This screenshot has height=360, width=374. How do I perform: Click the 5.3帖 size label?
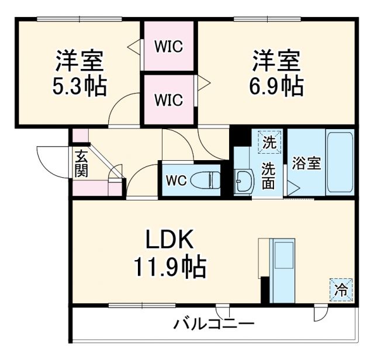click(x=81, y=87)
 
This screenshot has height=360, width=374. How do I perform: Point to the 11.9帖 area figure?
click(x=168, y=267)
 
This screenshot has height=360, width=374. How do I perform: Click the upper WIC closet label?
click(x=168, y=46)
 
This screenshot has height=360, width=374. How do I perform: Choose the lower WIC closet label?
click(x=168, y=99)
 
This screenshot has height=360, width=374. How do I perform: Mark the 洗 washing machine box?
click(x=269, y=141)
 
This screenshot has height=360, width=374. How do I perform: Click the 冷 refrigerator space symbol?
click(x=341, y=288)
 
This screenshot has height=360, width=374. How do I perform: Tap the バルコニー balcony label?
click(x=213, y=324)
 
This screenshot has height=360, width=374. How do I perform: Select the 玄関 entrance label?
click(x=80, y=164)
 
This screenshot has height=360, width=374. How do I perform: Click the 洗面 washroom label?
click(x=268, y=175)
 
